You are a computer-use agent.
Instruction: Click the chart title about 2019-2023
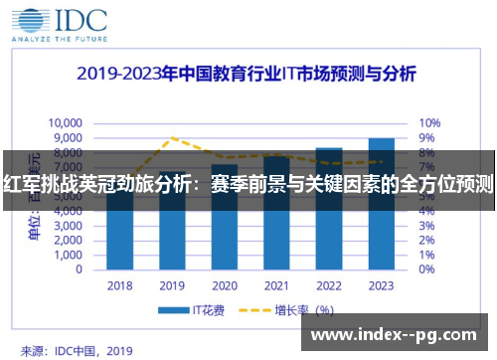248,75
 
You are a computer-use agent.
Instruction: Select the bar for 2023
380,204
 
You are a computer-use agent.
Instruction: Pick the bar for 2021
276,213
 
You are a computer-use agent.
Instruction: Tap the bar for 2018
120,229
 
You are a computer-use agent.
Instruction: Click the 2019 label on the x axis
172,285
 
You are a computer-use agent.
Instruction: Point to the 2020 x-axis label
225,285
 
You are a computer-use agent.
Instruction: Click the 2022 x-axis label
328,285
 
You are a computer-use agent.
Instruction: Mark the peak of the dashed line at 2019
173,138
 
